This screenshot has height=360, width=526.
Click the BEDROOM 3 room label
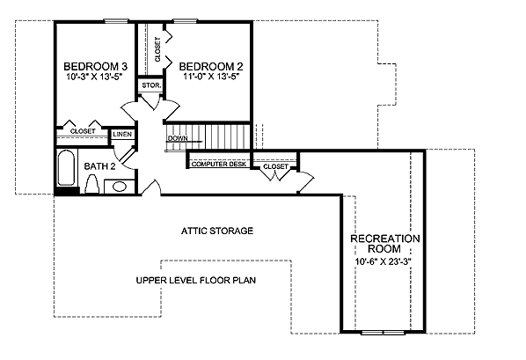[96, 66]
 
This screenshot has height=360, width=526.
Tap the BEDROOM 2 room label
[211, 66]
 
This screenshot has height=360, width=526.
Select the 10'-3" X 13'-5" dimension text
[93, 77]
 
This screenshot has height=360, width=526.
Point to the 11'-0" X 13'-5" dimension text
[211, 77]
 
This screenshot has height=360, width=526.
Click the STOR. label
[151, 85]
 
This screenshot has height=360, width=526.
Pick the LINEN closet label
[122, 135]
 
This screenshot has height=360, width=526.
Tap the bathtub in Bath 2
[67, 167]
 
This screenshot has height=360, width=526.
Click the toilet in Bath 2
[91, 184]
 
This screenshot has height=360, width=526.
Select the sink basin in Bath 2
[120, 187]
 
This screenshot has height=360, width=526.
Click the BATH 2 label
[99, 166]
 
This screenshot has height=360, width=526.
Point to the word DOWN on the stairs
[178, 138]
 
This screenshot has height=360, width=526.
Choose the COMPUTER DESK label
[219, 165]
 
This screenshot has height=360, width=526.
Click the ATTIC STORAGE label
[217, 231]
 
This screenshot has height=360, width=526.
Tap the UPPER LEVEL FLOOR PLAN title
[196, 280]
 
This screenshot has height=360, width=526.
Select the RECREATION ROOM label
[384, 244]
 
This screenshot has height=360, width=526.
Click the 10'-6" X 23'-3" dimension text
[384, 261]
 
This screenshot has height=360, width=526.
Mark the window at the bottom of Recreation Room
[384, 333]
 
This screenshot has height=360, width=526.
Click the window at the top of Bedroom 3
[116, 21]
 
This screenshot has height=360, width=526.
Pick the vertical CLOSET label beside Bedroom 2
[157, 49]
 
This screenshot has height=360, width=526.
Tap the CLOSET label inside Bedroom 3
[83, 131]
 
